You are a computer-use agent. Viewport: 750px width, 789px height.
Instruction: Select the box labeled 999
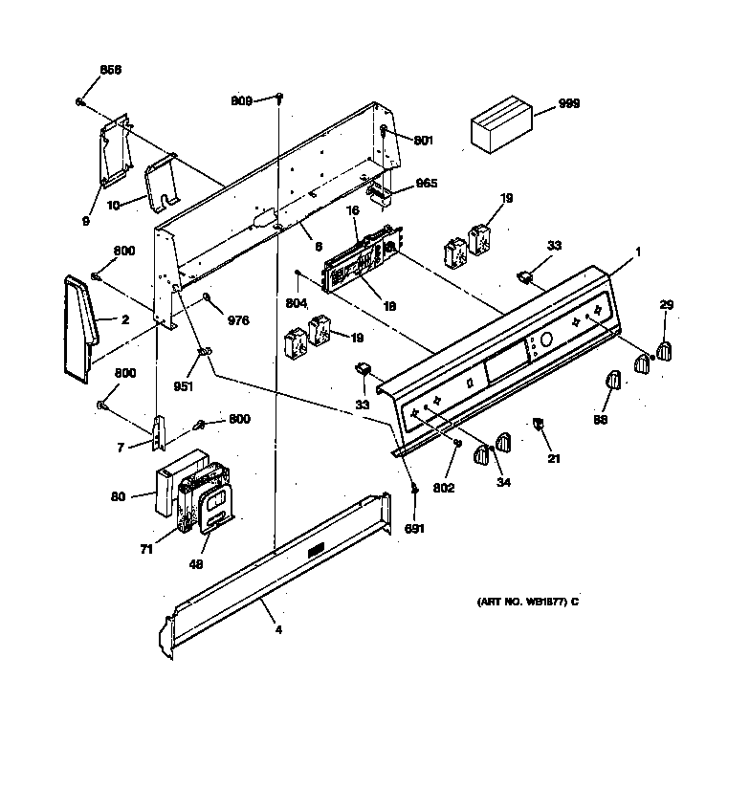tap(500, 124)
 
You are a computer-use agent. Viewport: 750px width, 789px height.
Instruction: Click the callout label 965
tap(426, 183)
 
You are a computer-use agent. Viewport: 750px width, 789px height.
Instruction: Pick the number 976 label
tap(236, 321)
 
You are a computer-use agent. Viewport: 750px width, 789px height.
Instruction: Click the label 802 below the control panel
tap(443, 487)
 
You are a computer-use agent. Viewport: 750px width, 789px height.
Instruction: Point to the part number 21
tap(554, 459)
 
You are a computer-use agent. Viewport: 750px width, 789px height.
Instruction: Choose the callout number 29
tap(666, 304)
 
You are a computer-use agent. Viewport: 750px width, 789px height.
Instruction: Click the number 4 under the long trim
tap(278, 630)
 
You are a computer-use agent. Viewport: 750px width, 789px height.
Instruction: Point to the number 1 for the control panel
tap(639, 251)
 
